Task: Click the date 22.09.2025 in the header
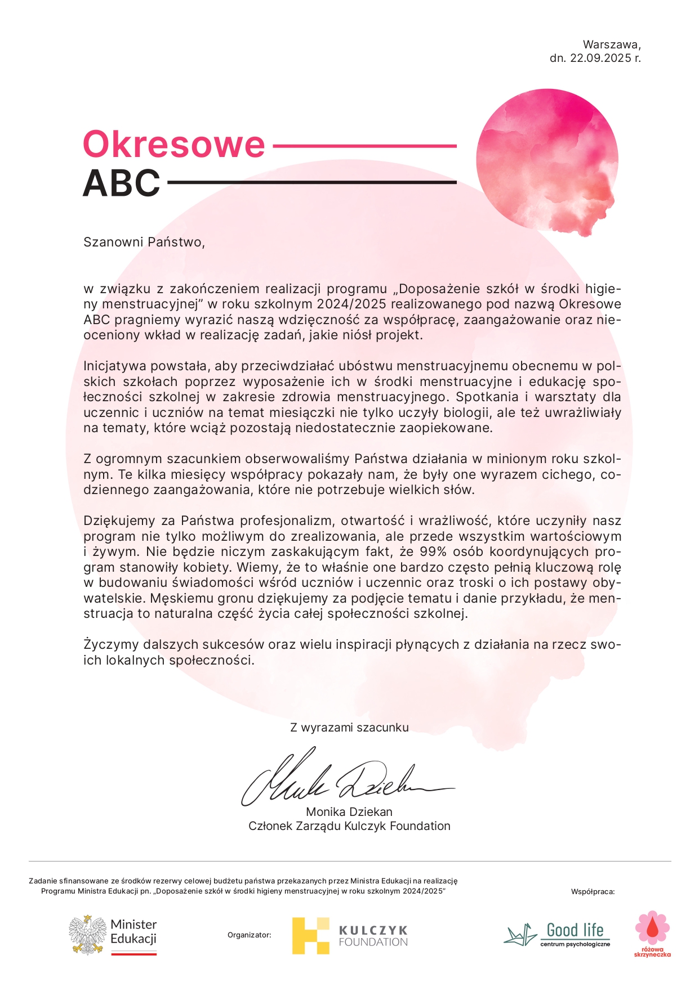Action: pos(600,58)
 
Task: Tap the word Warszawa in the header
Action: pos(611,44)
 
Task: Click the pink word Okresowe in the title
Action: pos(173,145)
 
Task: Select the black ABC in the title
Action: pos(122,183)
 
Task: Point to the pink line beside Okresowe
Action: pos(364,146)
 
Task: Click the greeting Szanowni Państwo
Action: pos(144,242)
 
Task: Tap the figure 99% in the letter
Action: pos(433,552)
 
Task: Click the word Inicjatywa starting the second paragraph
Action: pos(114,366)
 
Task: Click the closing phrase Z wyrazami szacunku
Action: pos(349,728)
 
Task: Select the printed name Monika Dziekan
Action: pos(349,812)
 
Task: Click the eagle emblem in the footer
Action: pos(88,935)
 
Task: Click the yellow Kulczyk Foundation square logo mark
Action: pos(310,936)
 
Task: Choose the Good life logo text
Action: pos(575,930)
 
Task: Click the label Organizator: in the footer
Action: pos(249,935)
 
